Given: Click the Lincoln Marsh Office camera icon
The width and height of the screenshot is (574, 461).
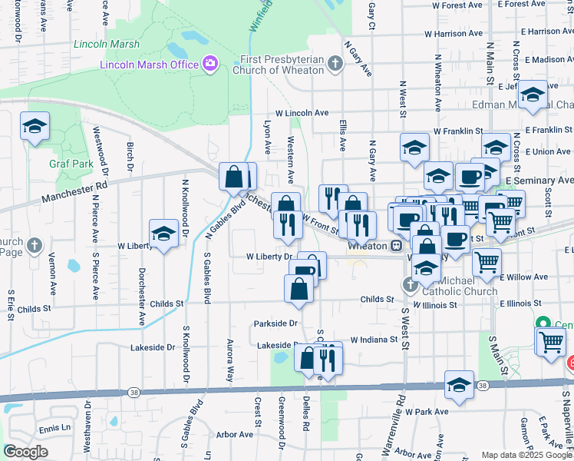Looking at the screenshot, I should click(209, 65).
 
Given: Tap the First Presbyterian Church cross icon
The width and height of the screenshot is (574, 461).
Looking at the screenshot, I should click(335, 64).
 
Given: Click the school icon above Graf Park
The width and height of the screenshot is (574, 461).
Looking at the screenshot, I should click(35, 125).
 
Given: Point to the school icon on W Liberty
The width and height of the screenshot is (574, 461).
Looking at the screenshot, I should click(163, 233).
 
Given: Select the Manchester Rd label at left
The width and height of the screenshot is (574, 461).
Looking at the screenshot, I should click(74, 191).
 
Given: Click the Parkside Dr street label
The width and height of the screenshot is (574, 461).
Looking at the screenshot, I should click(276, 323).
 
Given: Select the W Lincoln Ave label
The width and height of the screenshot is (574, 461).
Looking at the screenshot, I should click(307, 113).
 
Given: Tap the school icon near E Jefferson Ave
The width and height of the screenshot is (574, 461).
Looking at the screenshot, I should click(532, 95).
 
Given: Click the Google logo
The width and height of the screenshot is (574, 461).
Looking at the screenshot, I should click(26, 452).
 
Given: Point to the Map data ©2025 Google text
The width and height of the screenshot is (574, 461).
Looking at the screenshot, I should click(526, 455).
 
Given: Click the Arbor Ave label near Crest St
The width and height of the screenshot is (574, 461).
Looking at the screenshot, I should click(235, 434).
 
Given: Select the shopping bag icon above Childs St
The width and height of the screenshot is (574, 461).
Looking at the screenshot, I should click(299, 289).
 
